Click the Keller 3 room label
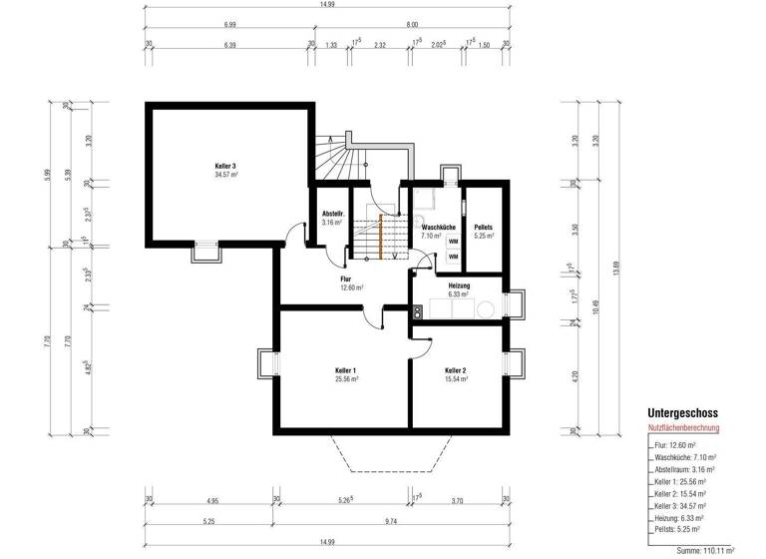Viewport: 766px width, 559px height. pyautogui.click(x=225, y=166)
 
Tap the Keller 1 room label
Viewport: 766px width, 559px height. pyautogui.click(x=346, y=370)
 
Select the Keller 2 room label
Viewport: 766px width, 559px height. pyautogui.click(x=456, y=370)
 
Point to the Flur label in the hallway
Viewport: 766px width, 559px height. pyautogui.click(x=346, y=279)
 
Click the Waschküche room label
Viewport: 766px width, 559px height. pyautogui.click(x=439, y=228)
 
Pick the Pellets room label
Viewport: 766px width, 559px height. pyautogui.click(x=484, y=228)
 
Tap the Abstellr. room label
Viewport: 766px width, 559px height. pyautogui.click(x=332, y=215)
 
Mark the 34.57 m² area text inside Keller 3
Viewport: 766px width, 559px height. pyautogui.click(x=225, y=175)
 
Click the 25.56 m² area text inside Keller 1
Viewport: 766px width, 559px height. pyautogui.click(x=346, y=379)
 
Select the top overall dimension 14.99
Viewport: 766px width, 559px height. pyautogui.click(x=326, y=5)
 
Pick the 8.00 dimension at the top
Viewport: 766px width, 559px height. pyautogui.click(x=412, y=23)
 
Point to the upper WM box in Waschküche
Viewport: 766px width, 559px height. pyautogui.click(x=453, y=242)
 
